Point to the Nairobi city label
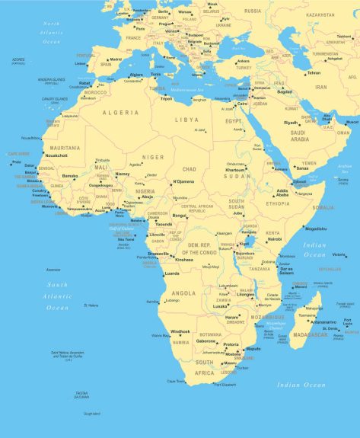pyautogui.click(x=275, y=239)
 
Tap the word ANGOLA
pyautogui.click(x=184, y=293)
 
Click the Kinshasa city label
pyautogui.click(x=183, y=260)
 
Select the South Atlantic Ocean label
pyautogui.click(x=57, y=296)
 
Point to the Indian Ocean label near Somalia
pyautogui.click(x=314, y=249)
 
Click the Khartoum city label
pyautogui.click(x=236, y=169)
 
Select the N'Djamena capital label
pyautogui.click(x=184, y=181)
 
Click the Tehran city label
pyautogui.click(x=314, y=72)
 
